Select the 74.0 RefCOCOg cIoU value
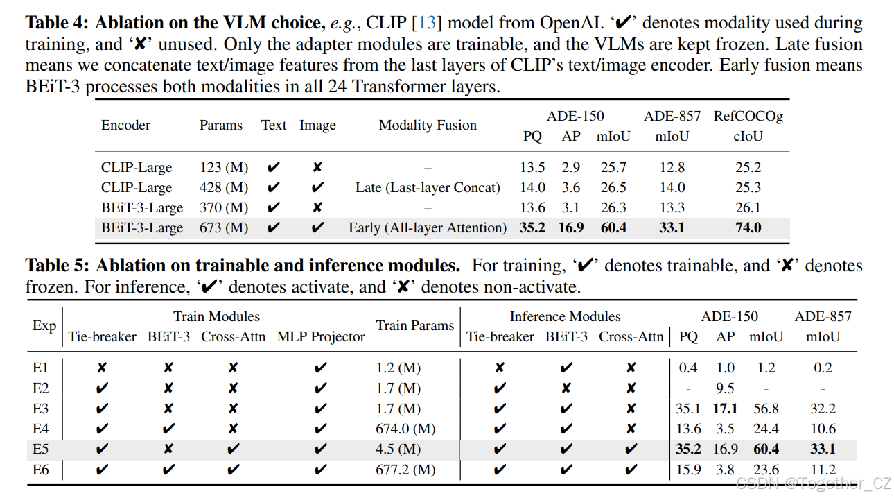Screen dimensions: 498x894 coord(748,228)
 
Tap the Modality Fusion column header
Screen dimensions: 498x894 coord(428,126)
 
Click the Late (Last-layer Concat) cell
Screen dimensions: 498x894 coord(428,188)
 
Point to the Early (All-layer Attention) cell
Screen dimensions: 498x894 coord(428,228)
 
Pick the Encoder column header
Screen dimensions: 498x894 coord(125,126)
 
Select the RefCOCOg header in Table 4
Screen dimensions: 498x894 coord(748,116)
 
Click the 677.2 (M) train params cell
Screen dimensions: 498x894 coord(405,470)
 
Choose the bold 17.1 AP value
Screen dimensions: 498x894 coord(725,409)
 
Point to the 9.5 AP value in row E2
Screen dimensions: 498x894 coord(725,388)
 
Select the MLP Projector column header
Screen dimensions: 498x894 coord(321,337)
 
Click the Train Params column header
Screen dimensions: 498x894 coord(414,326)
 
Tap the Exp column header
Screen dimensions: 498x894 coord(44,326)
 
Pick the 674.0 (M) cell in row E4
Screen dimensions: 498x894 coord(405,429)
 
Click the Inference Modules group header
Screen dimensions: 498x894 coord(565,317)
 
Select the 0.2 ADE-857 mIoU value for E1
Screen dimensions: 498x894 coord(823,368)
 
